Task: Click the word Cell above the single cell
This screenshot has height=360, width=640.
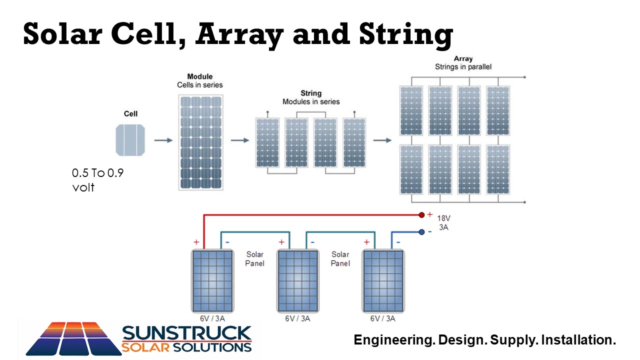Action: coord(130,113)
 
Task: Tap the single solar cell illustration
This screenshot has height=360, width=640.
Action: coord(130,140)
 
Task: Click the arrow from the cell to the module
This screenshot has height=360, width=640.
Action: coord(163,140)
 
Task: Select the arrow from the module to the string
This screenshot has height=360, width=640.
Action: coord(240,140)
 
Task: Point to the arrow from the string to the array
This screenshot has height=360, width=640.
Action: coord(382,140)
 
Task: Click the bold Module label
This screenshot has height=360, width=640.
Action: coord(199,76)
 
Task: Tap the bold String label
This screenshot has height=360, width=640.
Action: coord(311,93)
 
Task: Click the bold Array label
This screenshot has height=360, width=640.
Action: coord(463,58)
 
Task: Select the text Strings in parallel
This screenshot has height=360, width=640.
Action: coord(463,67)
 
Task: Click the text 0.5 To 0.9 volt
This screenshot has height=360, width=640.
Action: coord(97,180)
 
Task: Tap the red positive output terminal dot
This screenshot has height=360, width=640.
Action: coord(421,215)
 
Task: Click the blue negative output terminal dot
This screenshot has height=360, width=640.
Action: coord(421,232)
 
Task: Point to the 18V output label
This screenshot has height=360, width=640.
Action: coord(443,218)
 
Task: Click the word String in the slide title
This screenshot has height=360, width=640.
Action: coord(406,35)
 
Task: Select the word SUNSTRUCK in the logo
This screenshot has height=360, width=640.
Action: coord(187,333)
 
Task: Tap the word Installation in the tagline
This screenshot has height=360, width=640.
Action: coord(578,340)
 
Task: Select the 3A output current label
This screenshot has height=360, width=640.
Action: coord(443,227)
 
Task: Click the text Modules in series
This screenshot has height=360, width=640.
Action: coord(311,101)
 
